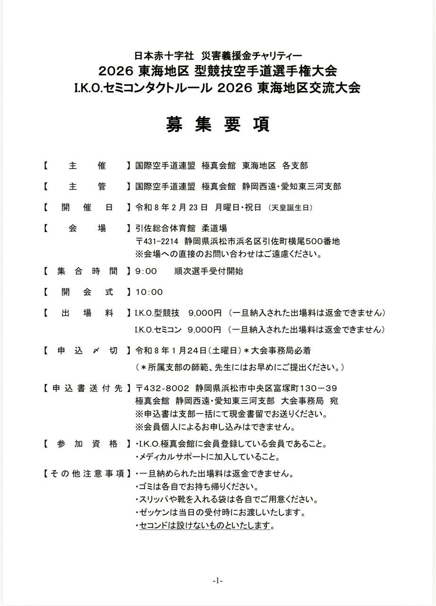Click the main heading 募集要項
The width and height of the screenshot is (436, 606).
point(218,125)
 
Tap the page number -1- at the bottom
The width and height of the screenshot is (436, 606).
point(218,580)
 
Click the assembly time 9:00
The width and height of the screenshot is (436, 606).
point(146,271)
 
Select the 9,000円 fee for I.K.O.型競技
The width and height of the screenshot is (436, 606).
point(205,313)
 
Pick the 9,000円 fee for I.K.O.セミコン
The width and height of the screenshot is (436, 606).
point(205,329)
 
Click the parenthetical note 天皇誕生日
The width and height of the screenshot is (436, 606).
point(289,208)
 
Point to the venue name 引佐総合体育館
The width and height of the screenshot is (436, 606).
point(158,228)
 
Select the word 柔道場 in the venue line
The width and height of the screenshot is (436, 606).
point(201,228)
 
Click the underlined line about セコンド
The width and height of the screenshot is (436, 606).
point(206,526)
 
